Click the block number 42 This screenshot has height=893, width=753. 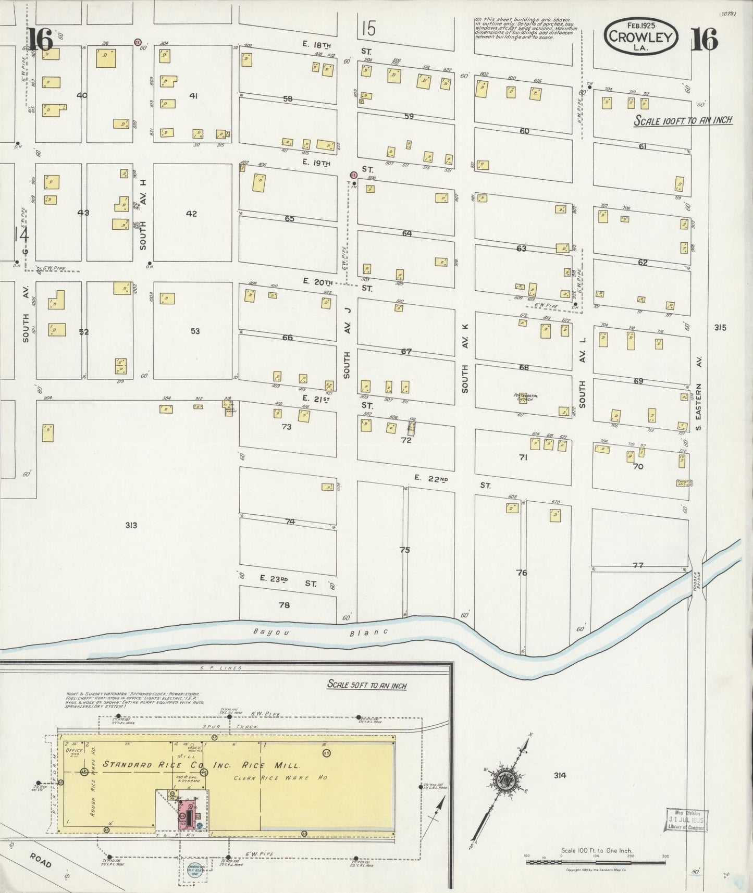coord(192,214)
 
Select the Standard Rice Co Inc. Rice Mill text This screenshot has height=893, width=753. coord(202,765)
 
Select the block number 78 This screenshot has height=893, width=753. coord(284,605)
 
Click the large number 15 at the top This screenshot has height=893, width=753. coord(368,28)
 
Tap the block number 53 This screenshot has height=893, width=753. coord(195,331)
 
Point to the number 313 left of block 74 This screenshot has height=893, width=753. coord(131,525)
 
